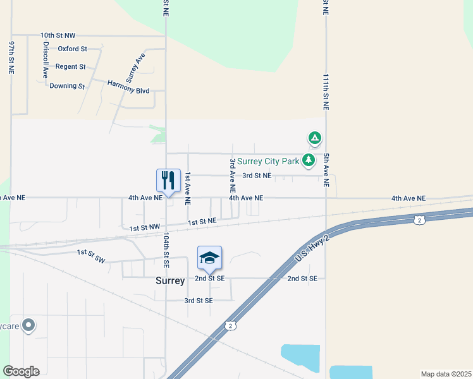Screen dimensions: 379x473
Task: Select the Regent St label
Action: pos(70,66)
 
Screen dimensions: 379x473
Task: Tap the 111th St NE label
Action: pos(325,92)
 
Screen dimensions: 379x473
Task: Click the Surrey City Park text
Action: pos(267,161)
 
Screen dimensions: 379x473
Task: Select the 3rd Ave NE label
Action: pos(233,175)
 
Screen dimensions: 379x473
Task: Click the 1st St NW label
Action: pos(145,227)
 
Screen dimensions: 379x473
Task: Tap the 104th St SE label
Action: pos(166,248)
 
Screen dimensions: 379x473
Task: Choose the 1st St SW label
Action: pos(90,253)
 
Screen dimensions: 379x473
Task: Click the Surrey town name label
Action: pos(170,281)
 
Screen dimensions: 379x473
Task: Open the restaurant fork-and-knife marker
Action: pos(168,181)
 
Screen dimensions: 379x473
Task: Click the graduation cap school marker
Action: pos(209,258)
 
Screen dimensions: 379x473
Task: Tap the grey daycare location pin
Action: pos(28,326)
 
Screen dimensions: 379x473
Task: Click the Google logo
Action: pos(21,371)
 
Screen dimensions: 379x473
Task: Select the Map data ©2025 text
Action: pos(445,374)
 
